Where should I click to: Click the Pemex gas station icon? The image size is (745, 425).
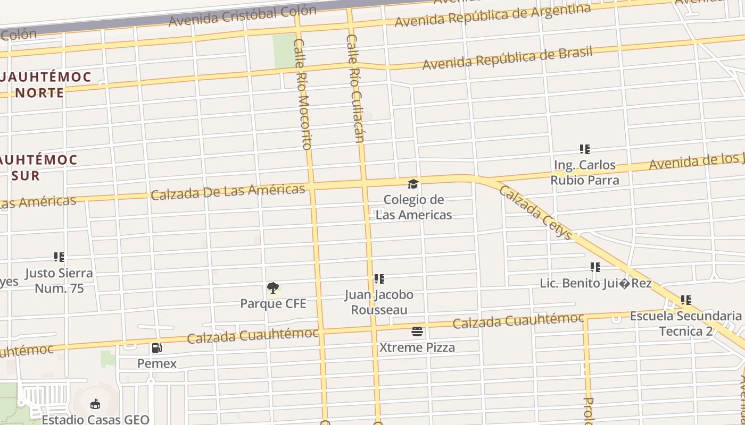tap(157, 348)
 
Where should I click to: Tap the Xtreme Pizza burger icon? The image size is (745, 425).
tap(417, 332)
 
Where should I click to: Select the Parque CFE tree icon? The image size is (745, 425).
tap(273, 288)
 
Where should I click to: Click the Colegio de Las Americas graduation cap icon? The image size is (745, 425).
tap(413, 184)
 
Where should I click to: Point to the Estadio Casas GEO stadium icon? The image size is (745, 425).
tap(95, 404)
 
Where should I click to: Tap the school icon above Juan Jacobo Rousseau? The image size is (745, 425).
tap(379, 279)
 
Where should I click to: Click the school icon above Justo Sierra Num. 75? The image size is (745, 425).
tap(59, 258)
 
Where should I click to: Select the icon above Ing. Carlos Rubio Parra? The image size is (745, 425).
tap(584, 150)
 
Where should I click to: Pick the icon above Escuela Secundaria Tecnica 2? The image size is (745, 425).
tap(686, 301)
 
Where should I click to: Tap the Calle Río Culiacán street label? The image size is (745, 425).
tap(355, 89)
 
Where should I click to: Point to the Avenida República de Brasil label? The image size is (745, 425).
tap(507, 58)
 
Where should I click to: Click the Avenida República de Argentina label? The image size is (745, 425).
tap(492, 16)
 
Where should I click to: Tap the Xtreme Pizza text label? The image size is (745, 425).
tap(417, 348)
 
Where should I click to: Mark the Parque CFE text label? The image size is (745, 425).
tap(273, 304)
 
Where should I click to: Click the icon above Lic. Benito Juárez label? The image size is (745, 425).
tap(595, 267)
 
